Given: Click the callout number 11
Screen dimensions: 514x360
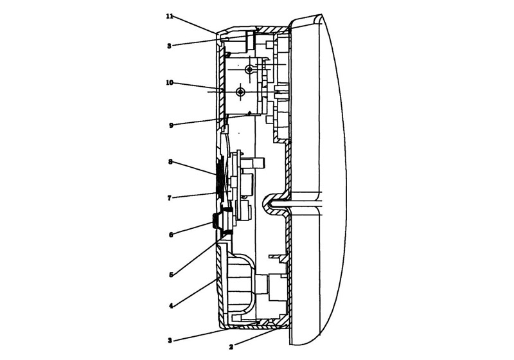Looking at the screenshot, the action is pos(170,16).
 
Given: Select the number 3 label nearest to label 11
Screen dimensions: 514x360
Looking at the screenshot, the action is pos(169,46).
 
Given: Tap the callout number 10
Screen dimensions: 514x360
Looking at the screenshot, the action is pos(170,83).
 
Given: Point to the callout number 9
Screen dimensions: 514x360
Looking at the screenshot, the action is pos(171,125).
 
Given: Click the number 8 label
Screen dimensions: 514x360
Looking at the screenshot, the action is pos(170,162).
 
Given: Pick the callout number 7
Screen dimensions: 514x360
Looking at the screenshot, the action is pos(170,198).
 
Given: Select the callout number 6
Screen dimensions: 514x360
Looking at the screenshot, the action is pos(171,235).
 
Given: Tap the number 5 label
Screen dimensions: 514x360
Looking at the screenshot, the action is pos(171,274).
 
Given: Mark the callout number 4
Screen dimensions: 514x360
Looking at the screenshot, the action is pos(171,306).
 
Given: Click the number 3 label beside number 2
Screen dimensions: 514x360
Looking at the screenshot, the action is pos(170,340).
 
